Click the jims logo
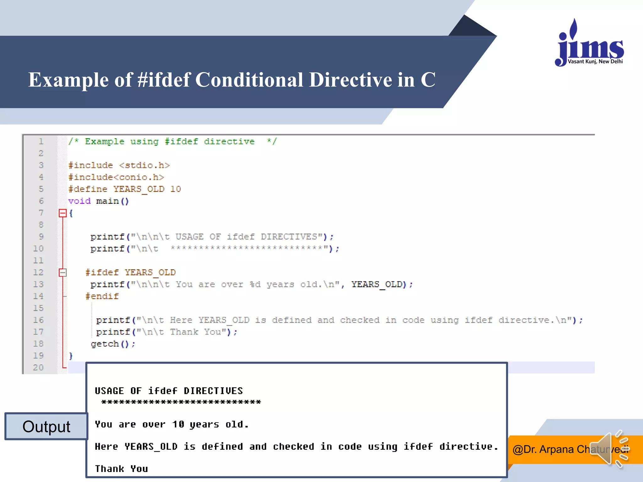(x=589, y=44)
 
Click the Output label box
(x=46, y=426)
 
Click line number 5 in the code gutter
(x=41, y=189)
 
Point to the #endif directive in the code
(x=102, y=296)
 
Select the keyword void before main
(x=79, y=201)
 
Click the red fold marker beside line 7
(x=63, y=213)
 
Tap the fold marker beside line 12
(x=63, y=272)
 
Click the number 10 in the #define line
(x=176, y=189)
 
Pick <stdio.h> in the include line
(x=144, y=165)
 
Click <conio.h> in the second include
(x=138, y=177)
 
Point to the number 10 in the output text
(x=178, y=425)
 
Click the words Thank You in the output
(x=122, y=469)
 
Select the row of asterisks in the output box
(x=181, y=402)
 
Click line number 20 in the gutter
(x=38, y=367)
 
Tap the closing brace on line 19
(x=71, y=356)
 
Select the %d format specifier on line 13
(x=255, y=284)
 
